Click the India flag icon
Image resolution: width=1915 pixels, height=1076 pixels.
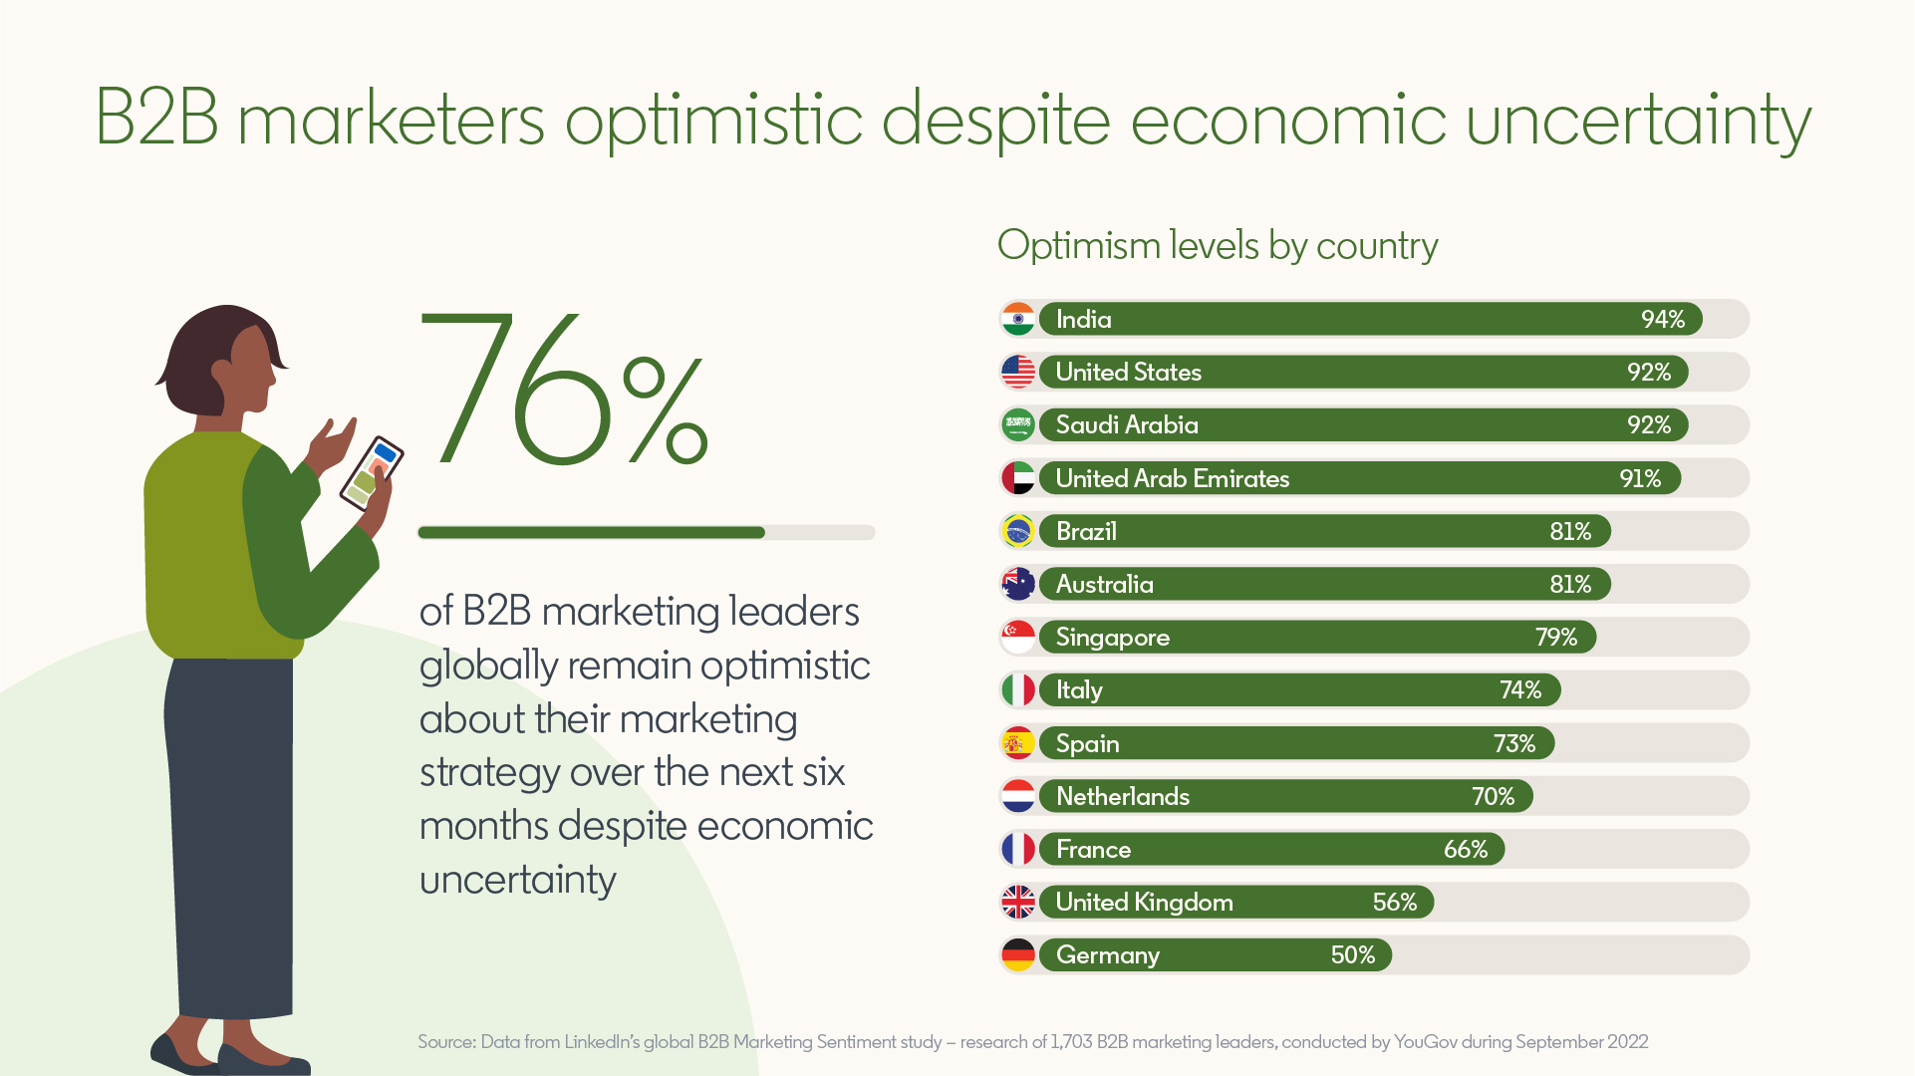click(1018, 319)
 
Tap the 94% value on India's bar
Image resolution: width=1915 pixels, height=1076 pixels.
click(1662, 319)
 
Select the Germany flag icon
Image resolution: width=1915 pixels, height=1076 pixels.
click(1018, 954)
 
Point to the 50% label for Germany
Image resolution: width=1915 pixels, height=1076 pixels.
click(1352, 954)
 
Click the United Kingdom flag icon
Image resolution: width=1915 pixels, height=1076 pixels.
click(1018, 902)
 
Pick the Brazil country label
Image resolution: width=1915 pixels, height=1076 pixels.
click(1086, 531)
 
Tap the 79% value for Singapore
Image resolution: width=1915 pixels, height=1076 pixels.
click(1555, 637)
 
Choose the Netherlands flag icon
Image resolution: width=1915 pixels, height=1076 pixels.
click(1018, 796)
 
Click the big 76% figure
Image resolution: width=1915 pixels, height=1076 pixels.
click(563, 392)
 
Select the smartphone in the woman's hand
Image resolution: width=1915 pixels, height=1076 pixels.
click(372, 472)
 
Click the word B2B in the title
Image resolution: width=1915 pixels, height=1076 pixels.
click(156, 119)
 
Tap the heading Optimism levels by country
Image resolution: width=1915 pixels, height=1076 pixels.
click(1217, 245)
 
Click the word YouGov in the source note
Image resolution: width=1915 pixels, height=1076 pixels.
click(1425, 1042)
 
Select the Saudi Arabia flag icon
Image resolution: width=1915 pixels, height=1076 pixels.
click(1018, 424)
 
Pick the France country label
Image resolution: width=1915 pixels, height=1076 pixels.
click(1093, 849)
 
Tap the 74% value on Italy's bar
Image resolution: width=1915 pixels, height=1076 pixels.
click(1519, 689)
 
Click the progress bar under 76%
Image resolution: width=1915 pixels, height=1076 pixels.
click(646, 533)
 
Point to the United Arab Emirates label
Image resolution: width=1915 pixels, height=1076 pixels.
click(1172, 478)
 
